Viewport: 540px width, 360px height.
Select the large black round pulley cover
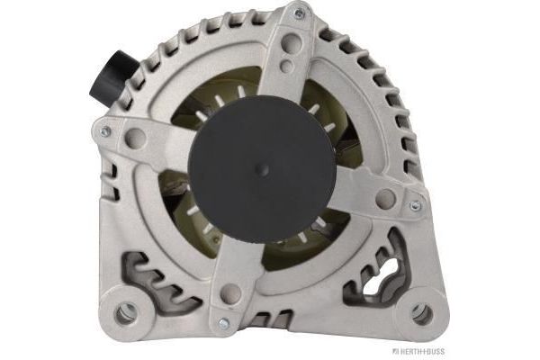(262, 169)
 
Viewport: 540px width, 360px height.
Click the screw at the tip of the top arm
(300, 13)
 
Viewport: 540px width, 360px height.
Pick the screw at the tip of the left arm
(105, 130)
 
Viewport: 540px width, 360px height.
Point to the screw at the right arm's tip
(415, 206)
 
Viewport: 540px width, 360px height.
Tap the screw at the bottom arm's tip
(223, 323)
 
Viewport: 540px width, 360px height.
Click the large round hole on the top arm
(291, 43)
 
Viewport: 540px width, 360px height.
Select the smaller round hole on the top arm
(287, 66)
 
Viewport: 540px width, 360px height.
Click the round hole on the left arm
(135, 138)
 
